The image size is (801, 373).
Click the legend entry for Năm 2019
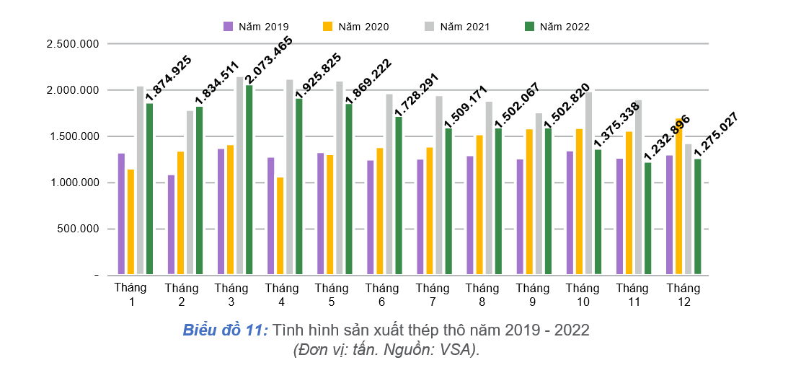(256, 27)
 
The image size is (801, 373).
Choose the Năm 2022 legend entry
(557, 27)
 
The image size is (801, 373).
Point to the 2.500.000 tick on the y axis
(72, 44)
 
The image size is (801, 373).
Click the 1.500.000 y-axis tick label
(72, 136)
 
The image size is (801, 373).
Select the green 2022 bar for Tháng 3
(249, 180)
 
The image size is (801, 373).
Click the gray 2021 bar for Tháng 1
(141, 180)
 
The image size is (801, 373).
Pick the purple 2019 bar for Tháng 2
(171, 224)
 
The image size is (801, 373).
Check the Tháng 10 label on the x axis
(577, 295)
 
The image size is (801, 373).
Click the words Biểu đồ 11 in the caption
(225, 330)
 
